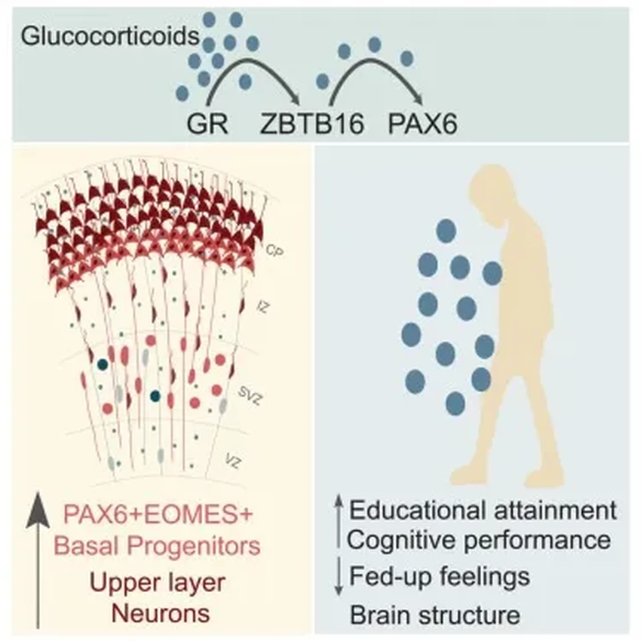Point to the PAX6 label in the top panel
point(422,122)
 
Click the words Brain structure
point(435,614)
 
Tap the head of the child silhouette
point(494,198)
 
